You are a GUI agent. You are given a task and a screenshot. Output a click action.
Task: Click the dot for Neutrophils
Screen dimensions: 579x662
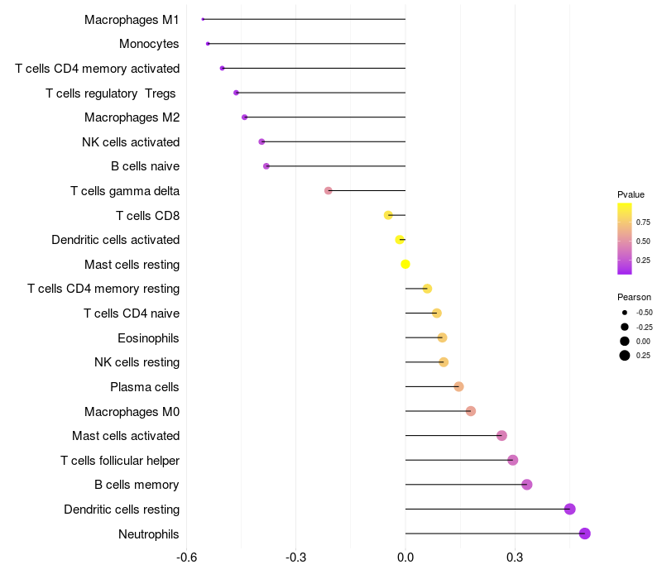click(x=584, y=534)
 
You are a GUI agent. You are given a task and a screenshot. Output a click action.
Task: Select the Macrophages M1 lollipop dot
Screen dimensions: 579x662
click(x=203, y=19)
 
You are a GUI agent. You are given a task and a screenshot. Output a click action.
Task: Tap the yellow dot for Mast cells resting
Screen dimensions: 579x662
click(x=405, y=264)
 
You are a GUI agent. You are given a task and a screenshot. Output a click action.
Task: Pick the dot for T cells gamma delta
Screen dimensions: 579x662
click(x=328, y=190)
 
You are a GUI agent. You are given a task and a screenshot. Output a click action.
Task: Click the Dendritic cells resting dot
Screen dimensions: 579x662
click(x=569, y=509)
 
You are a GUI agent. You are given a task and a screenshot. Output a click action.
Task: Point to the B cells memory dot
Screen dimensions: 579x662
click(x=526, y=485)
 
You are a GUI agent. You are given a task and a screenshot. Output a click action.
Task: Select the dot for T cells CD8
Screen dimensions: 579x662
click(x=388, y=215)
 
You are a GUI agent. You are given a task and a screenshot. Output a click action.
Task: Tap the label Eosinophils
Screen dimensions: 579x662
click(x=148, y=337)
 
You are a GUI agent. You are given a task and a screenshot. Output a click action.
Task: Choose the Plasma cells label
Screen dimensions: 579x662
click(x=145, y=386)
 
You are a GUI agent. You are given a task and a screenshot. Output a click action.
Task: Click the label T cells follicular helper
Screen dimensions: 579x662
click(x=120, y=460)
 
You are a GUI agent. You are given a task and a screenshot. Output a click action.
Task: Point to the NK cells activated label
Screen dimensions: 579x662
click(x=131, y=141)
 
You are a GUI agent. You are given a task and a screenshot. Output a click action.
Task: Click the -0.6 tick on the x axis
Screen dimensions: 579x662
click(x=187, y=557)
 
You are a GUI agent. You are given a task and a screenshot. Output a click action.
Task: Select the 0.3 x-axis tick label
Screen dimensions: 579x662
click(x=515, y=557)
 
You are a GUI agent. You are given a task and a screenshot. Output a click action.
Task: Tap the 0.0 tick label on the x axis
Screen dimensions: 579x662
click(x=405, y=557)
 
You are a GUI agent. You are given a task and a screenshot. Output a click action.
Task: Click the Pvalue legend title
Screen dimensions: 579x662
click(x=631, y=194)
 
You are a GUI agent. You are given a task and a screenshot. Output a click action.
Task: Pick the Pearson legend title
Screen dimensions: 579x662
click(x=634, y=297)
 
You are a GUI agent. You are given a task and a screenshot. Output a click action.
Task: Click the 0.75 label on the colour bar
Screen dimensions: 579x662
click(x=643, y=222)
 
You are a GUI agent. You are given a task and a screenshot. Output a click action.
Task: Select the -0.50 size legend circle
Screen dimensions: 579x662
click(x=624, y=313)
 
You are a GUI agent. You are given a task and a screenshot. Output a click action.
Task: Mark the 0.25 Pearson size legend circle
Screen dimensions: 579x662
click(x=624, y=356)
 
